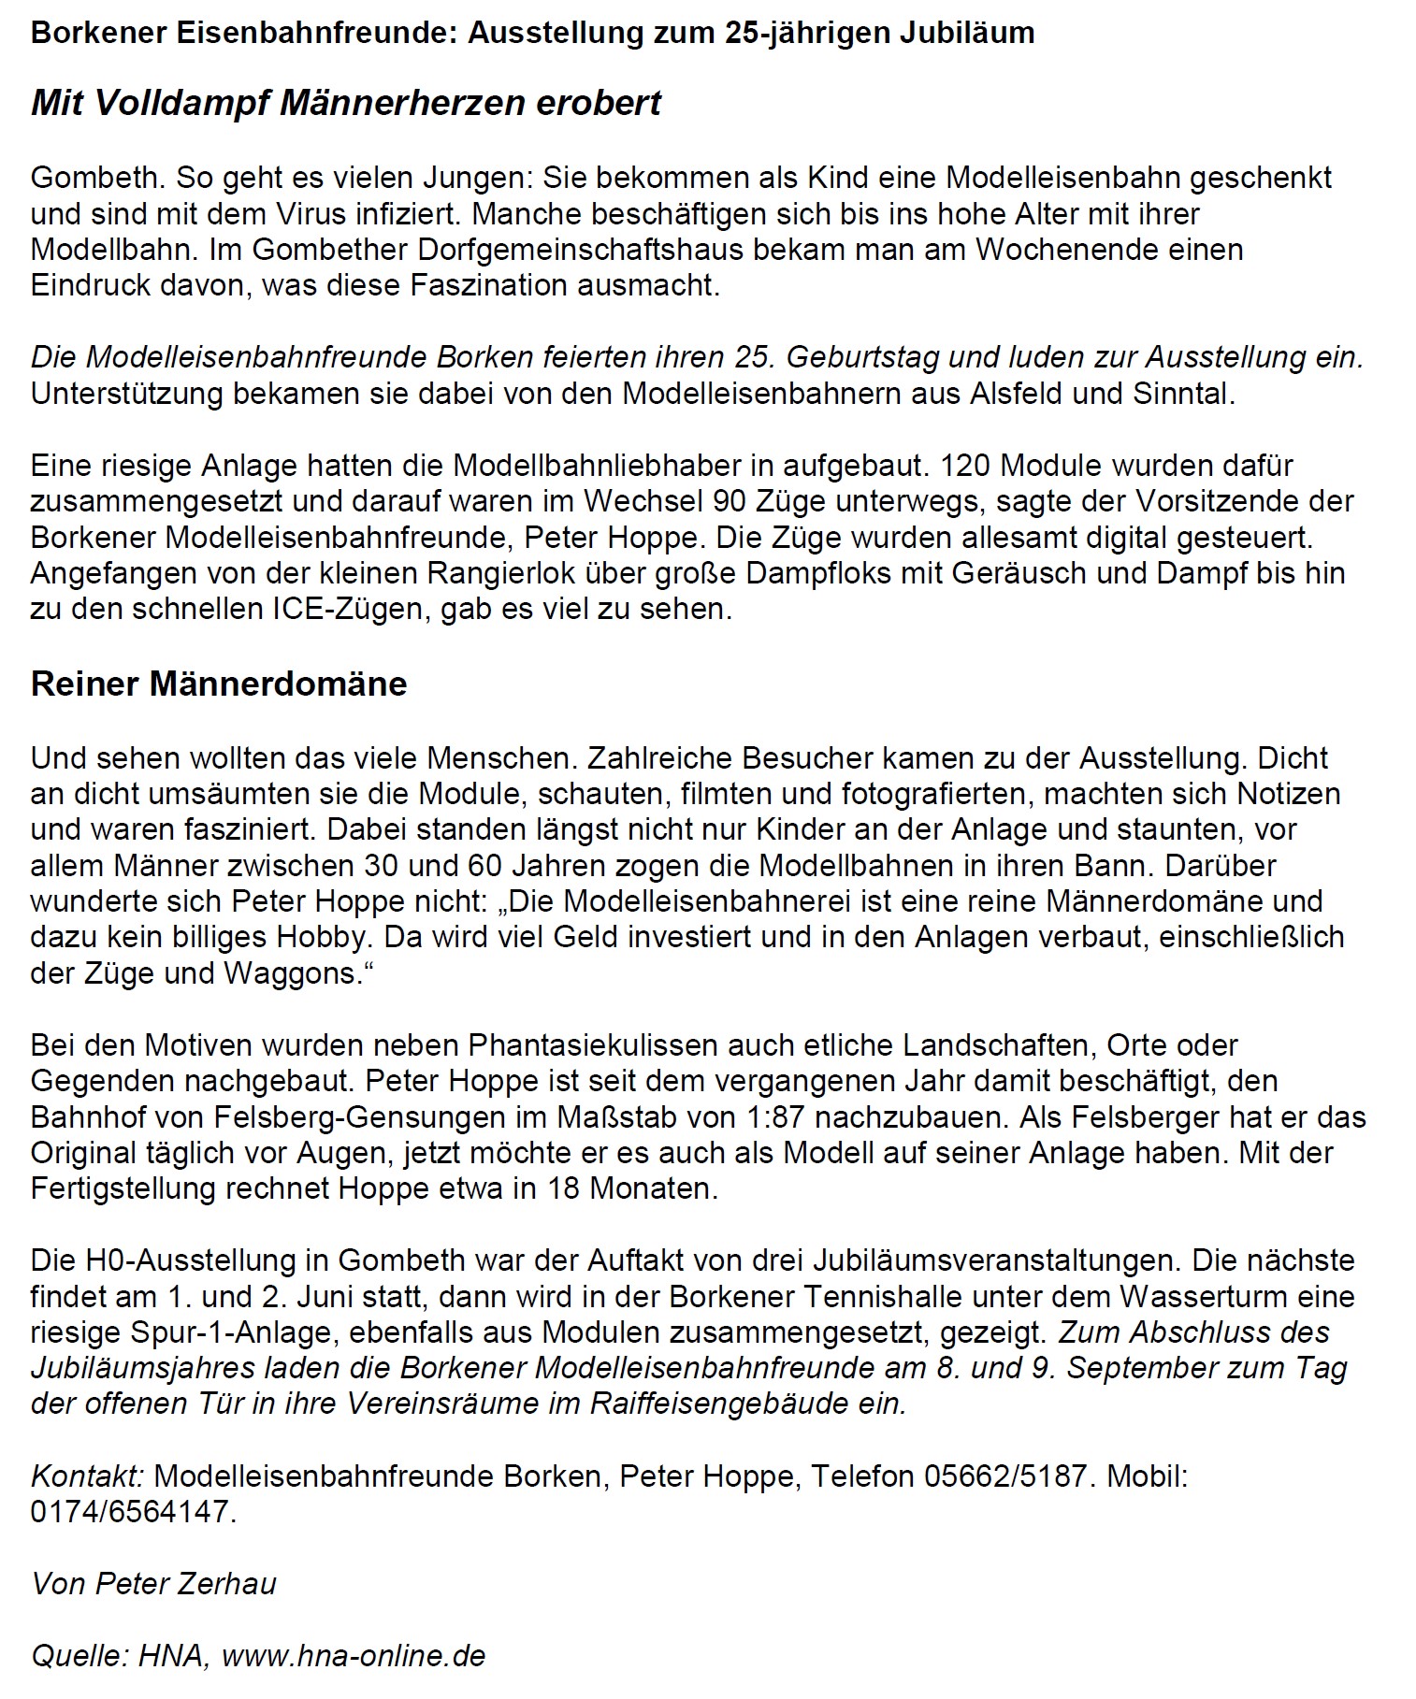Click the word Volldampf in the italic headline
[181, 103]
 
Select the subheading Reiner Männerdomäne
[219, 684]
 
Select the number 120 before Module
[968, 465]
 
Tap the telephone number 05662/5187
[1004, 1476]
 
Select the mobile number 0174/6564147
[130, 1512]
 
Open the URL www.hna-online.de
[354, 1656]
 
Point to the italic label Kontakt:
[87, 1476]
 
